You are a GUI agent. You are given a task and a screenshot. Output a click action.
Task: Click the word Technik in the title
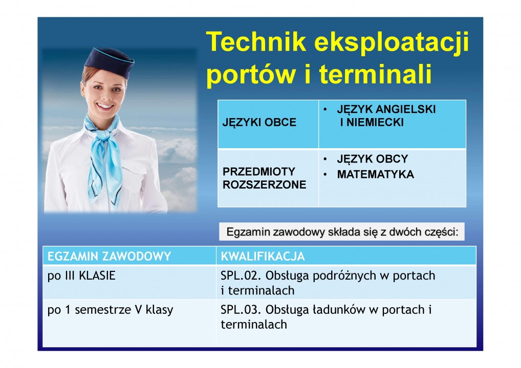pos(256,42)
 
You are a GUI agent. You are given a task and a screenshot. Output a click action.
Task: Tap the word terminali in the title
pos(376,74)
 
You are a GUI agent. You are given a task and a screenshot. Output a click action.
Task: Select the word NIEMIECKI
pos(375,123)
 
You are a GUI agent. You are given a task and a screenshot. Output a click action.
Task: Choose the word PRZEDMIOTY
pos(259,172)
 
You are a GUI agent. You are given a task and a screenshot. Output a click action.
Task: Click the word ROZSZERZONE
pos(264,185)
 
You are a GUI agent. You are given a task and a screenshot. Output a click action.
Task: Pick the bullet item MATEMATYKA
pos(376,174)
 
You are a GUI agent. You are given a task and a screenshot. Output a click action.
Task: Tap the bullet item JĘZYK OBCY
pos(373,159)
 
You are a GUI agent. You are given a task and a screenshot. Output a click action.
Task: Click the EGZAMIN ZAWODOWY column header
pos(109,257)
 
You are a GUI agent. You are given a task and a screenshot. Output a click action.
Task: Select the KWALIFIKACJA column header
pos(263,257)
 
